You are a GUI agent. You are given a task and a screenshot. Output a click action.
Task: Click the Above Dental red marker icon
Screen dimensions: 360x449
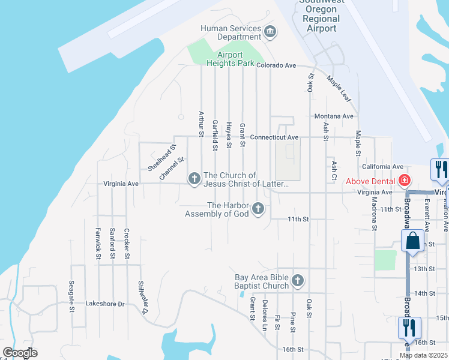point(405,180)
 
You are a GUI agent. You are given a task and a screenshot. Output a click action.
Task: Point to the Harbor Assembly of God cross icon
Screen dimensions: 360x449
point(258,209)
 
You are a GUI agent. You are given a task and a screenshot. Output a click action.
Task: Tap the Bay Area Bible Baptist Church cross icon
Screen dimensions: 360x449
point(297,281)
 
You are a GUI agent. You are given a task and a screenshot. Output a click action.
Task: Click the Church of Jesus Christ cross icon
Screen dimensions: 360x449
point(194,178)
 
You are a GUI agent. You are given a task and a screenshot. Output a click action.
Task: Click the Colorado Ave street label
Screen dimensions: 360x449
point(277,65)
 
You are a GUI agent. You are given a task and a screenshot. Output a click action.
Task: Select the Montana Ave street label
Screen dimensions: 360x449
point(334,116)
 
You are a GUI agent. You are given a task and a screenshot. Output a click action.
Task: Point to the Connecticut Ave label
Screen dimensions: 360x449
point(274,137)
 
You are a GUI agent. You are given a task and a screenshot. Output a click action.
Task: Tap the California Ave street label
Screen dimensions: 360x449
point(382,166)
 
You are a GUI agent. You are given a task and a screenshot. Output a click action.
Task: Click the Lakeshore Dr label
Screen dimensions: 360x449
point(104,304)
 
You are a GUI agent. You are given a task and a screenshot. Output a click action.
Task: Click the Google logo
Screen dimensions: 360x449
point(20,353)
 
